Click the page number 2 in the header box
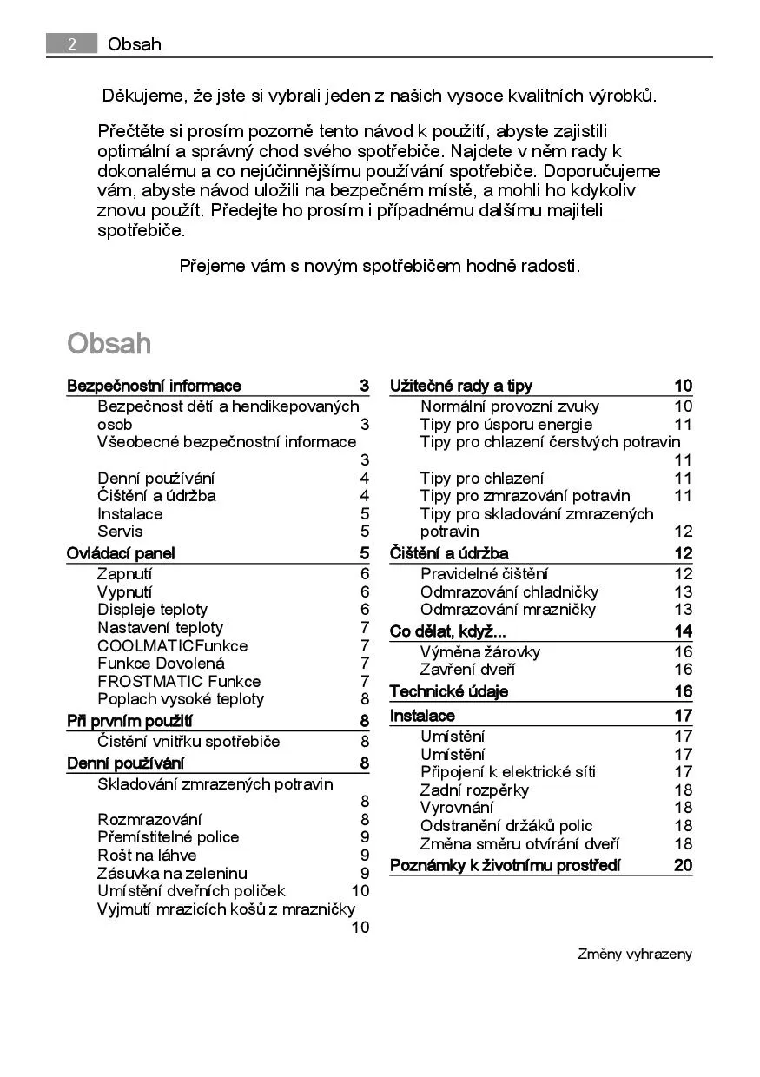click(71, 43)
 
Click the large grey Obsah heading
click(109, 343)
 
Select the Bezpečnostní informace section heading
click(154, 386)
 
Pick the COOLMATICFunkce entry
click(172, 645)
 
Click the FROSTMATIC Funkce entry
click(178, 681)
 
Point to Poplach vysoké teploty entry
click(180, 699)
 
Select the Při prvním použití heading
click(129, 721)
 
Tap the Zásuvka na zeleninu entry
click(172, 873)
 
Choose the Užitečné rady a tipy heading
click(461, 386)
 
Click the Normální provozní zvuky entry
click(509, 406)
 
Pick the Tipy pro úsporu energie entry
click(506, 424)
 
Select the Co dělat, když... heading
click(447, 631)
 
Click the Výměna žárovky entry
click(479, 651)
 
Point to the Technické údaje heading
click(448, 691)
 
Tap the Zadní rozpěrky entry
click(474, 790)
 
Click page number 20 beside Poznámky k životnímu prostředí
click(683, 865)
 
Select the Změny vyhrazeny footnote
click(635, 954)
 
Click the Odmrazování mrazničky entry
click(508, 610)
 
